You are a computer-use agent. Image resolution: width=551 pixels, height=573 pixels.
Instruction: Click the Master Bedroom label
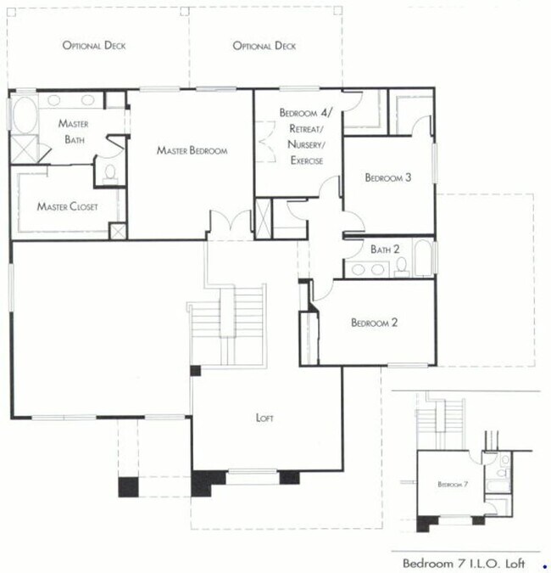click(192, 150)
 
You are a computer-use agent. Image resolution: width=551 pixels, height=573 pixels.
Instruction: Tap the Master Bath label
click(73, 131)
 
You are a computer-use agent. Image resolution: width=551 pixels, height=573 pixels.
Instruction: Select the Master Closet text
click(67, 206)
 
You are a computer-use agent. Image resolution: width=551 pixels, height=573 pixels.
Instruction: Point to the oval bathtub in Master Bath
click(23, 115)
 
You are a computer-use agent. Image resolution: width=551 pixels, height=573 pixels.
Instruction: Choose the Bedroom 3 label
click(388, 177)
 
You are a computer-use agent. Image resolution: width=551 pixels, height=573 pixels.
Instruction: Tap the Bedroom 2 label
click(375, 323)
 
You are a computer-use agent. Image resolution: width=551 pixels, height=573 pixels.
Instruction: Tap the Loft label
click(265, 418)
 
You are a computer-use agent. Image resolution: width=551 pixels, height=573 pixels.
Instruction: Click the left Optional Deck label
click(93, 45)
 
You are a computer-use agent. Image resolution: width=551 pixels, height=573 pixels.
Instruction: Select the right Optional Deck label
click(264, 45)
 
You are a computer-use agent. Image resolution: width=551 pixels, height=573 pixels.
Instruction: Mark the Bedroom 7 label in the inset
click(448, 484)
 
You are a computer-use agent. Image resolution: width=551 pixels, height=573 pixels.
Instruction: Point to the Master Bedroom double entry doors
click(230, 225)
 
